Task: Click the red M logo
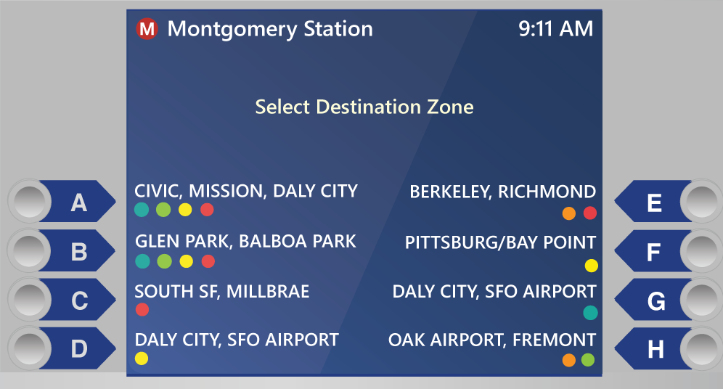point(147,29)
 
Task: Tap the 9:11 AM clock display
point(555,28)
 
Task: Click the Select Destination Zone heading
point(364,107)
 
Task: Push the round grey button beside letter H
point(702,348)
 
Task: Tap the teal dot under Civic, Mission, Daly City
point(142,210)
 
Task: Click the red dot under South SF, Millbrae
point(142,309)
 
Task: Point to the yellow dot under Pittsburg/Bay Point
point(591,266)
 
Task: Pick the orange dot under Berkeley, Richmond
point(569,213)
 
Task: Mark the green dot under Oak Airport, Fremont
point(588,360)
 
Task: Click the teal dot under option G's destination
point(590,313)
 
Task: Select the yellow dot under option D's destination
point(142,358)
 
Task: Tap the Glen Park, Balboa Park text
point(245,242)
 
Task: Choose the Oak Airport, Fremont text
point(492,340)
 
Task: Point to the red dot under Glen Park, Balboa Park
point(208,261)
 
